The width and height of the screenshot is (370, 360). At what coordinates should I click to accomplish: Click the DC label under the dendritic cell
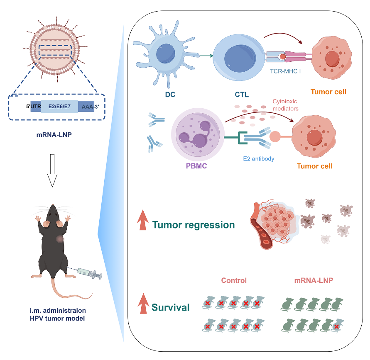point(170,95)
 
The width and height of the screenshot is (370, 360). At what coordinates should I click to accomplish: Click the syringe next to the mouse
point(90,273)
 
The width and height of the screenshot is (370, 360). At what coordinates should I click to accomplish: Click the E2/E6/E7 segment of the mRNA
point(59,106)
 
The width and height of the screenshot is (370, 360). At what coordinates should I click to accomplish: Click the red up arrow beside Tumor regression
point(143,220)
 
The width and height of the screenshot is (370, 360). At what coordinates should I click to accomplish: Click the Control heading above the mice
point(234,280)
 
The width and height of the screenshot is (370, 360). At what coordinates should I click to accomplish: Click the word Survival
point(171,307)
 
